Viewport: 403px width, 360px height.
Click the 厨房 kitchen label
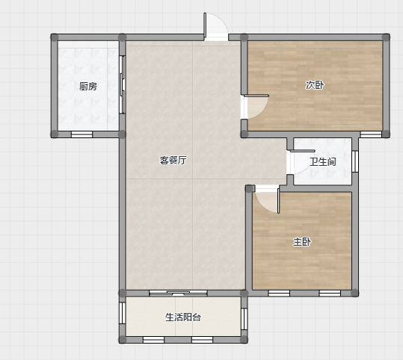coord(88,87)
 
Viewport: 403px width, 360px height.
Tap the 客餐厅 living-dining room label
coord(173,161)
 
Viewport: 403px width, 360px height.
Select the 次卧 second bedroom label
coord(315,84)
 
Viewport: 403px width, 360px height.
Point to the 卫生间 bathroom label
coord(322,162)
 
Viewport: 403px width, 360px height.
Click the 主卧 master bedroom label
coord(302,242)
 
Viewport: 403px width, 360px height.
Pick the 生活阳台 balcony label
coord(183,317)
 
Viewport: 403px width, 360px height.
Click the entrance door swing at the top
coord(215,26)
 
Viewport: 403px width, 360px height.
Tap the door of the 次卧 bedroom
coord(255,107)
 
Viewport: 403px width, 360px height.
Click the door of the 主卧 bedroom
coord(266,199)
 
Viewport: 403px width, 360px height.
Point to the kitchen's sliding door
coord(123,84)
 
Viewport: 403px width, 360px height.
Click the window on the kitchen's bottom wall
coord(81,134)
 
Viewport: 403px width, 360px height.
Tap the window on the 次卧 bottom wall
coord(371,134)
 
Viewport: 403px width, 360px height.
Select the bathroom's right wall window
coord(355,161)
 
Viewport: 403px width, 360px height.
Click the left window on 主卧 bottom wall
coord(279,293)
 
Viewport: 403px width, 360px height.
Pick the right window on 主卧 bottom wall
coord(330,293)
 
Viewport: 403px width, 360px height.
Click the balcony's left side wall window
coord(123,313)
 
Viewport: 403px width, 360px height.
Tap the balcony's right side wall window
coord(244,319)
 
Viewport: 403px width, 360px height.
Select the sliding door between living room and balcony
coord(178,293)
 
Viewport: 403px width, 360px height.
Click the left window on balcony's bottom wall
coord(153,340)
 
